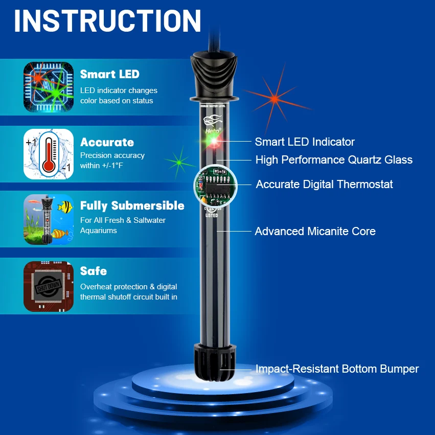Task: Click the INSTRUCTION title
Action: pos(108,21)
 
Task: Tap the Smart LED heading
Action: pos(109,74)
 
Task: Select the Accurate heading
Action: pos(107,142)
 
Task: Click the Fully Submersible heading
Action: pos(132,205)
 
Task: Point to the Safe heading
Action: pos(93,271)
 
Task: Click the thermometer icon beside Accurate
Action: pos(49,154)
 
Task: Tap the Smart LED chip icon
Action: pos(49,87)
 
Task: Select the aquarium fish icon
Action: pos(49,219)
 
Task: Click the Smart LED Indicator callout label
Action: pos(305,142)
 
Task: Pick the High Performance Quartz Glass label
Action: pos(333,160)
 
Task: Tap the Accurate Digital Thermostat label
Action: pos(324,184)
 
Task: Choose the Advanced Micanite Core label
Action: pos(315,232)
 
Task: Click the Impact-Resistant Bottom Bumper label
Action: pos(337,369)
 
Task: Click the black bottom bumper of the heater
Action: pos(214,363)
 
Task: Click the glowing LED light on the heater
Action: pos(215,141)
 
